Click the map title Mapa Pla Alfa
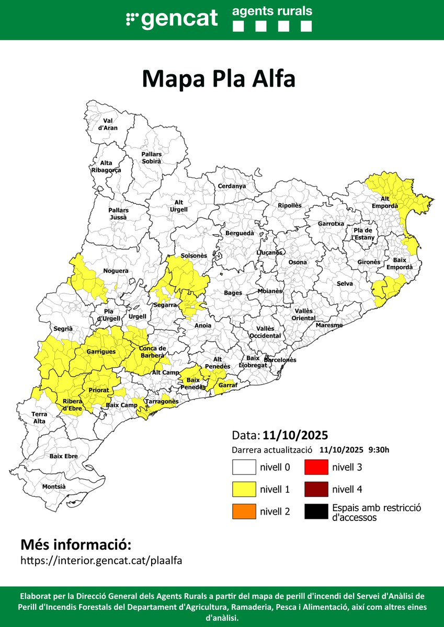[x=219, y=79]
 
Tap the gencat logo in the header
[x=172, y=19]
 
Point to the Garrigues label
[x=101, y=352]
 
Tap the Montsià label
[x=54, y=486]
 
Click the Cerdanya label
[x=232, y=186]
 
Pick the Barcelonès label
[x=280, y=360]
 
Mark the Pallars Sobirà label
[x=152, y=158]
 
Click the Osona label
[x=298, y=262]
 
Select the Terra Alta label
[x=39, y=417]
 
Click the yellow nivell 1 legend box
[x=244, y=490]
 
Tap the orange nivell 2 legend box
[x=244, y=512]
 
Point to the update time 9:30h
[x=379, y=450]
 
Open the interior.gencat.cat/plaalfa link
[x=101, y=561]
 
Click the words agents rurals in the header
[x=272, y=11]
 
